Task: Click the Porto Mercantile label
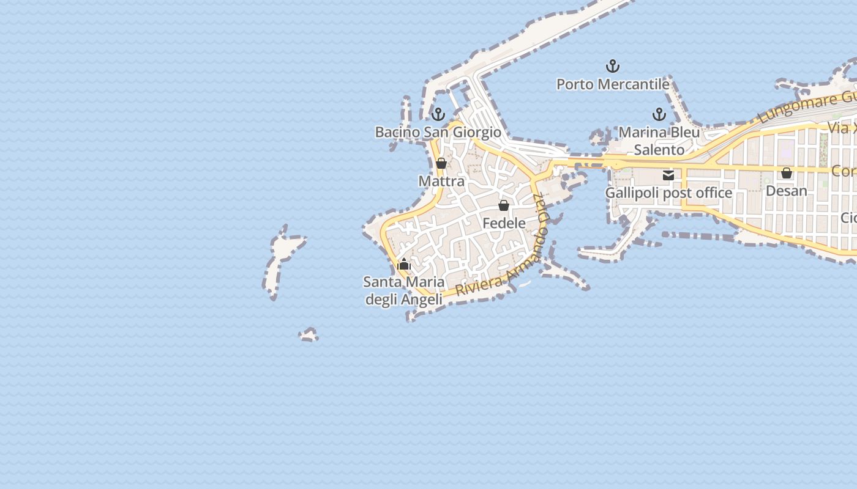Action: [612, 84]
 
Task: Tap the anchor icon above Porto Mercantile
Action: [612, 66]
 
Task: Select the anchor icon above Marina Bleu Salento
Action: [659, 114]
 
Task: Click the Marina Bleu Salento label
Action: [659, 141]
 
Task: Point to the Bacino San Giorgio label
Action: [438, 132]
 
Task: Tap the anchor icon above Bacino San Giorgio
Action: [438, 114]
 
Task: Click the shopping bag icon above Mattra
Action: [441, 163]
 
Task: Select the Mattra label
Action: [441, 182]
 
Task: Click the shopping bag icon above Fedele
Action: [503, 205]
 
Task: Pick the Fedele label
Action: [504, 223]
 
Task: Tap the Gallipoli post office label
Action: [668, 193]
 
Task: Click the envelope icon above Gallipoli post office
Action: [668, 175]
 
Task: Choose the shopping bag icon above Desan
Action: [787, 174]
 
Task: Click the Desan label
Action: [787, 191]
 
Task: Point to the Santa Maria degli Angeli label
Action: [403, 291]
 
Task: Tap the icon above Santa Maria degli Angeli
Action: [403, 265]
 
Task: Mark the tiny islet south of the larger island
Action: [309, 335]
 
